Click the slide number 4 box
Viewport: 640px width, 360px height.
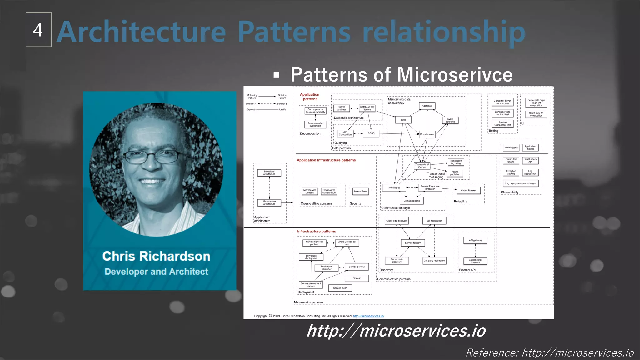(x=38, y=30)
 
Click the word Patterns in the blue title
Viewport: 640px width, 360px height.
(x=294, y=32)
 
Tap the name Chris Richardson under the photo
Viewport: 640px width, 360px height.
(x=156, y=256)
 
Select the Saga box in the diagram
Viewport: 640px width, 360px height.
(x=403, y=120)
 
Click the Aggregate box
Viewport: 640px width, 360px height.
(x=427, y=106)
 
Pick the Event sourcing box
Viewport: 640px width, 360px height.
(x=450, y=120)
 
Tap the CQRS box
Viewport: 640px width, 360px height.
(x=371, y=133)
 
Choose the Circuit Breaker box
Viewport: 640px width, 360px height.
(x=468, y=190)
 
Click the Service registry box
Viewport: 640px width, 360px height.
(x=412, y=243)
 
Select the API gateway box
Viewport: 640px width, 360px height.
(x=475, y=240)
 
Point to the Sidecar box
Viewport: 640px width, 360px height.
(x=357, y=278)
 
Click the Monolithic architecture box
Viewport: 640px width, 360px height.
(x=269, y=173)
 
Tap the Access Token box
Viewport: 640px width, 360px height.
(x=360, y=191)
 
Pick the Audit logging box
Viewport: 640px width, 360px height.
(x=511, y=147)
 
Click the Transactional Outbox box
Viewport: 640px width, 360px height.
(x=422, y=166)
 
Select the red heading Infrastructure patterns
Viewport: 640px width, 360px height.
(x=316, y=232)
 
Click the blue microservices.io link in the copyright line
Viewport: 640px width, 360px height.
(x=368, y=316)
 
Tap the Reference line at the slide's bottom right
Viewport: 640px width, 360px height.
(x=550, y=353)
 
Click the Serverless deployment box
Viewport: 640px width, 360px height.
(x=311, y=257)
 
